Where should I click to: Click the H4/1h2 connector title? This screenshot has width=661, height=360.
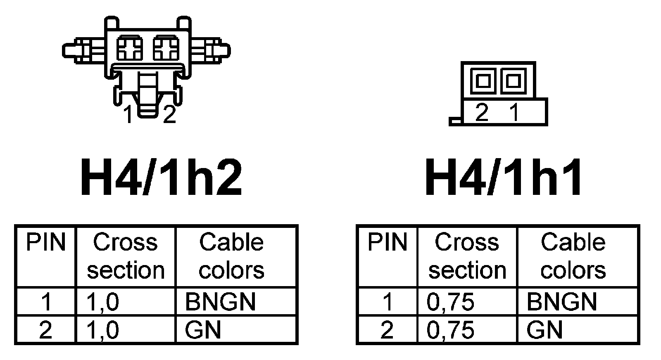(161, 178)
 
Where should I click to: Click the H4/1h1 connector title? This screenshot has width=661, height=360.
(504, 178)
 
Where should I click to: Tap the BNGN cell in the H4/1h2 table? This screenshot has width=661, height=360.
(220, 302)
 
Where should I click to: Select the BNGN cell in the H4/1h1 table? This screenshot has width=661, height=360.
(562, 302)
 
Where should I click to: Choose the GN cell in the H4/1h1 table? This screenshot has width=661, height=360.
(544, 330)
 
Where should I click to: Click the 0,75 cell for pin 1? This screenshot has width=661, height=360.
(450, 302)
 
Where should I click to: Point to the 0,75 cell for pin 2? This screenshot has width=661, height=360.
(450, 330)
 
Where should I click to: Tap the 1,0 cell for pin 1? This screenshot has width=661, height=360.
(102, 302)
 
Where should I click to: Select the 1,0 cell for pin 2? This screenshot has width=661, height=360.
(102, 330)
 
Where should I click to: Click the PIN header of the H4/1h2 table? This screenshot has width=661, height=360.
(45, 243)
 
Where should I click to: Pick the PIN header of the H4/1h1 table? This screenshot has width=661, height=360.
(387, 243)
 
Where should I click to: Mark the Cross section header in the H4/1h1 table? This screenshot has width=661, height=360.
(467, 256)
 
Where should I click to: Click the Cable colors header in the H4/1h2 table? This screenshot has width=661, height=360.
(231, 256)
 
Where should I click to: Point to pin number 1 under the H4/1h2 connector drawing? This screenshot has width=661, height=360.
(129, 114)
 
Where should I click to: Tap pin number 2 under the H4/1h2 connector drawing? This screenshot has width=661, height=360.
(169, 114)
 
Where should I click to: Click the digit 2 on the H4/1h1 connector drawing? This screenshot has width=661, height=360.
(482, 112)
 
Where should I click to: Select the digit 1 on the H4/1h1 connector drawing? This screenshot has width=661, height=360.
(514, 112)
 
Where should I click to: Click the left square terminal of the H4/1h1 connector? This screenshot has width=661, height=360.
(482, 80)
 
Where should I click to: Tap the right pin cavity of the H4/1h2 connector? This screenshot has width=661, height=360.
(166, 49)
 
